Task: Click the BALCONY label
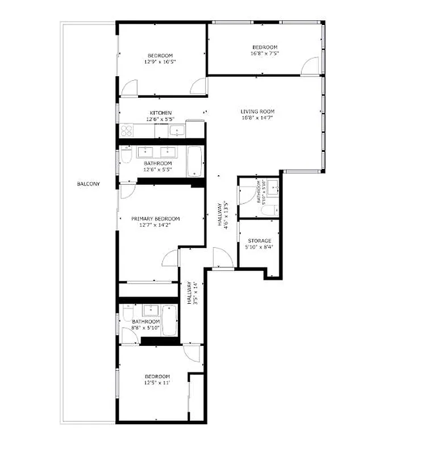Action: tap(88, 184)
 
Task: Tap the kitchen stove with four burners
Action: tap(126, 131)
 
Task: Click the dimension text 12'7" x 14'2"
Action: tap(155, 225)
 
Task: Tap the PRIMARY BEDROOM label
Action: tap(155, 219)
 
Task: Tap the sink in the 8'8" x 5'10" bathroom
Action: tap(151, 310)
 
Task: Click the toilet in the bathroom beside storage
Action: tap(268, 209)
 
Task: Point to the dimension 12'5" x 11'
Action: tap(157, 383)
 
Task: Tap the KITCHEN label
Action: tap(161, 113)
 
